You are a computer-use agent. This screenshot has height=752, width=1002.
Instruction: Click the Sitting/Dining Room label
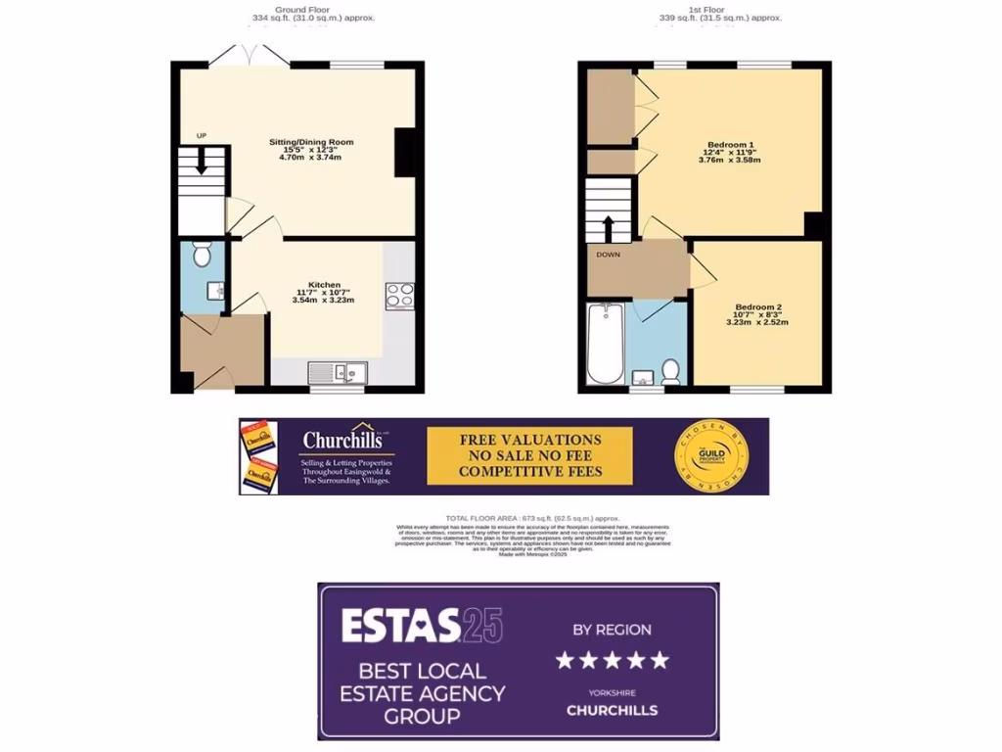pos(311,142)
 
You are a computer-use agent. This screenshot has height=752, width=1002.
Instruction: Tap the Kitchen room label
pos(324,285)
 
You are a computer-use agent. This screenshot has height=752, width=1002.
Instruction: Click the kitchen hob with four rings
pos(399,296)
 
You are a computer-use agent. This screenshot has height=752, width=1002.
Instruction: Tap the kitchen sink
pos(337,372)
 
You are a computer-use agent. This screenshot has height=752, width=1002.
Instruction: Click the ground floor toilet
pos(203,255)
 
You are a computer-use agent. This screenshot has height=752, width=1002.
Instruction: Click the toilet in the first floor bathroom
pos(671,370)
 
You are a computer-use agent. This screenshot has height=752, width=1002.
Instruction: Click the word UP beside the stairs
pos(202,135)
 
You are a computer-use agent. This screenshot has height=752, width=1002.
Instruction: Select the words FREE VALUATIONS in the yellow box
pos(530,440)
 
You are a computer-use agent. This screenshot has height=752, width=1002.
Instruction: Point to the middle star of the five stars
pos(613,660)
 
